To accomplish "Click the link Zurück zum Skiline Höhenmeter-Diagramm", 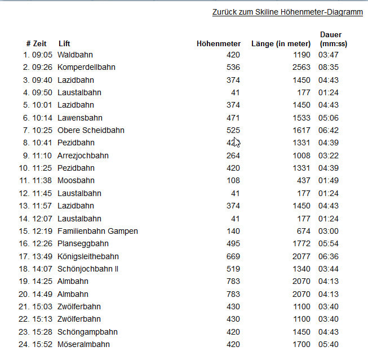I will pos(287,12).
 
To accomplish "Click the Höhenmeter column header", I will pos(219,43).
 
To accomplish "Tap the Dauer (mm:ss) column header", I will pos(331,39).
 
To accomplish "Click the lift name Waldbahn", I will pos(75,55).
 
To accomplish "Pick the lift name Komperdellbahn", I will pos(86,67).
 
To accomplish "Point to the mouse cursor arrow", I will pos(237,142).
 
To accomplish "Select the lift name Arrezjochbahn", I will pos(83,155).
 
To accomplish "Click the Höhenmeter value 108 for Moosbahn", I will pos(233,180).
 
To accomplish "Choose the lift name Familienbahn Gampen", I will pos(97,231).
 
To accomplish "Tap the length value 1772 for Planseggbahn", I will pos(301,243).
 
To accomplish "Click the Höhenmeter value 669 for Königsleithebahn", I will pos(233,256).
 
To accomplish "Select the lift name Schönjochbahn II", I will pos(88,269).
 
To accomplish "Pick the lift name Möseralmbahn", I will pos(83,344).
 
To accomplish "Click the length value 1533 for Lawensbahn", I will pos(301,118).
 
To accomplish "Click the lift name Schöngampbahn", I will pos(87,332).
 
